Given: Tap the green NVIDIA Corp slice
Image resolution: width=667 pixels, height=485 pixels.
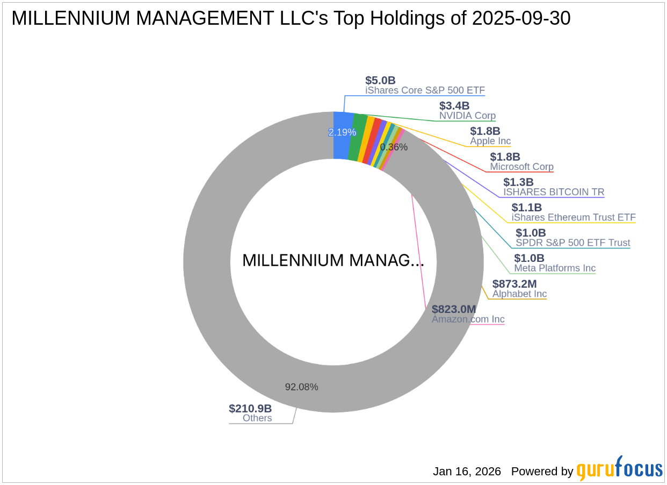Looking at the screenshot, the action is [x=357, y=138].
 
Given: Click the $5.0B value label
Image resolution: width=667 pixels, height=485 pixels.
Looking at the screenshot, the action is [x=380, y=80].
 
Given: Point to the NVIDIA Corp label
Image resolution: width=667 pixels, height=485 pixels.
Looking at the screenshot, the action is [x=467, y=116].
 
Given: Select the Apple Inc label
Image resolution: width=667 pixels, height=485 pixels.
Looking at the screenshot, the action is [x=490, y=141].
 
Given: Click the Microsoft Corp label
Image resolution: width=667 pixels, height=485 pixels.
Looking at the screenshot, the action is [x=521, y=167].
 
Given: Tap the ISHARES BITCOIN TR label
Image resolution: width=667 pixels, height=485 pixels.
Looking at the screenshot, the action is [x=554, y=192].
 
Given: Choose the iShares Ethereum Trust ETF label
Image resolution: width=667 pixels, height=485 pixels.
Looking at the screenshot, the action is [x=574, y=217].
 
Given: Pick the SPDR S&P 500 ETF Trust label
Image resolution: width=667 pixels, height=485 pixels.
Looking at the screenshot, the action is [x=573, y=243].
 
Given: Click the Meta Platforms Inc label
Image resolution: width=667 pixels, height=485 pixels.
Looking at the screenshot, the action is [x=555, y=268].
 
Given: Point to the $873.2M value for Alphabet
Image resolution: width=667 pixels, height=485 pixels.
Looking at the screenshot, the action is [x=514, y=283].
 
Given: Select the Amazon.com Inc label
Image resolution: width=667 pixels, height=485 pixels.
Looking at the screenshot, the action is [x=468, y=319].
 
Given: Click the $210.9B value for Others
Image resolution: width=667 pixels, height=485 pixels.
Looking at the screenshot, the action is [x=250, y=408].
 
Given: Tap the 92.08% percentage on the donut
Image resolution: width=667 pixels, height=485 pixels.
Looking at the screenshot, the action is [x=301, y=387].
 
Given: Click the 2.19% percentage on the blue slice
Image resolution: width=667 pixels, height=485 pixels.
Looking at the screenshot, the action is [x=342, y=132].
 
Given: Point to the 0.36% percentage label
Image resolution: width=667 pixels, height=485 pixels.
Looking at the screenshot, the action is [x=394, y=147].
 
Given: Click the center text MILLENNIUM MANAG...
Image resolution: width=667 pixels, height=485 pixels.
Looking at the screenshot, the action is [x=333, y=261].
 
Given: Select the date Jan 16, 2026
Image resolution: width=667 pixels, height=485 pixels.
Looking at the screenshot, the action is [x=467, y=472].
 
